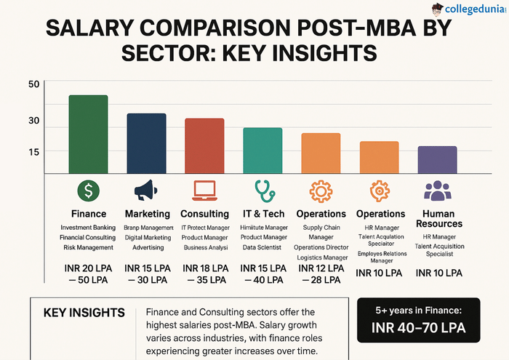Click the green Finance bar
click(87, 135)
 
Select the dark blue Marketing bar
click(146, 143)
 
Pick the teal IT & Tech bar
click(262, 151)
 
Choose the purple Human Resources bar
click(437, 160)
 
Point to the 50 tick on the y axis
click(34, 85)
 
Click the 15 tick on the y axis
click(34, 151)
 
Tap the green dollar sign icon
click(88, 191)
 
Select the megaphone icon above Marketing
click(146, 191)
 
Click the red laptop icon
click(204, 191)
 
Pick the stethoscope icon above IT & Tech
click(262, 191)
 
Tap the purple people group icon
click(437, 191)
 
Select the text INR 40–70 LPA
click(418, 328)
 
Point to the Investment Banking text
click(88, 228)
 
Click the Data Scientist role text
click(263, 247)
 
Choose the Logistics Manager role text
click(321, 257)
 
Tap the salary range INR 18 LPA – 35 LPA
click(204, 273)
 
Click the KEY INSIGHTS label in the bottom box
click(84, 313)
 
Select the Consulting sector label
click(204, 214)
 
